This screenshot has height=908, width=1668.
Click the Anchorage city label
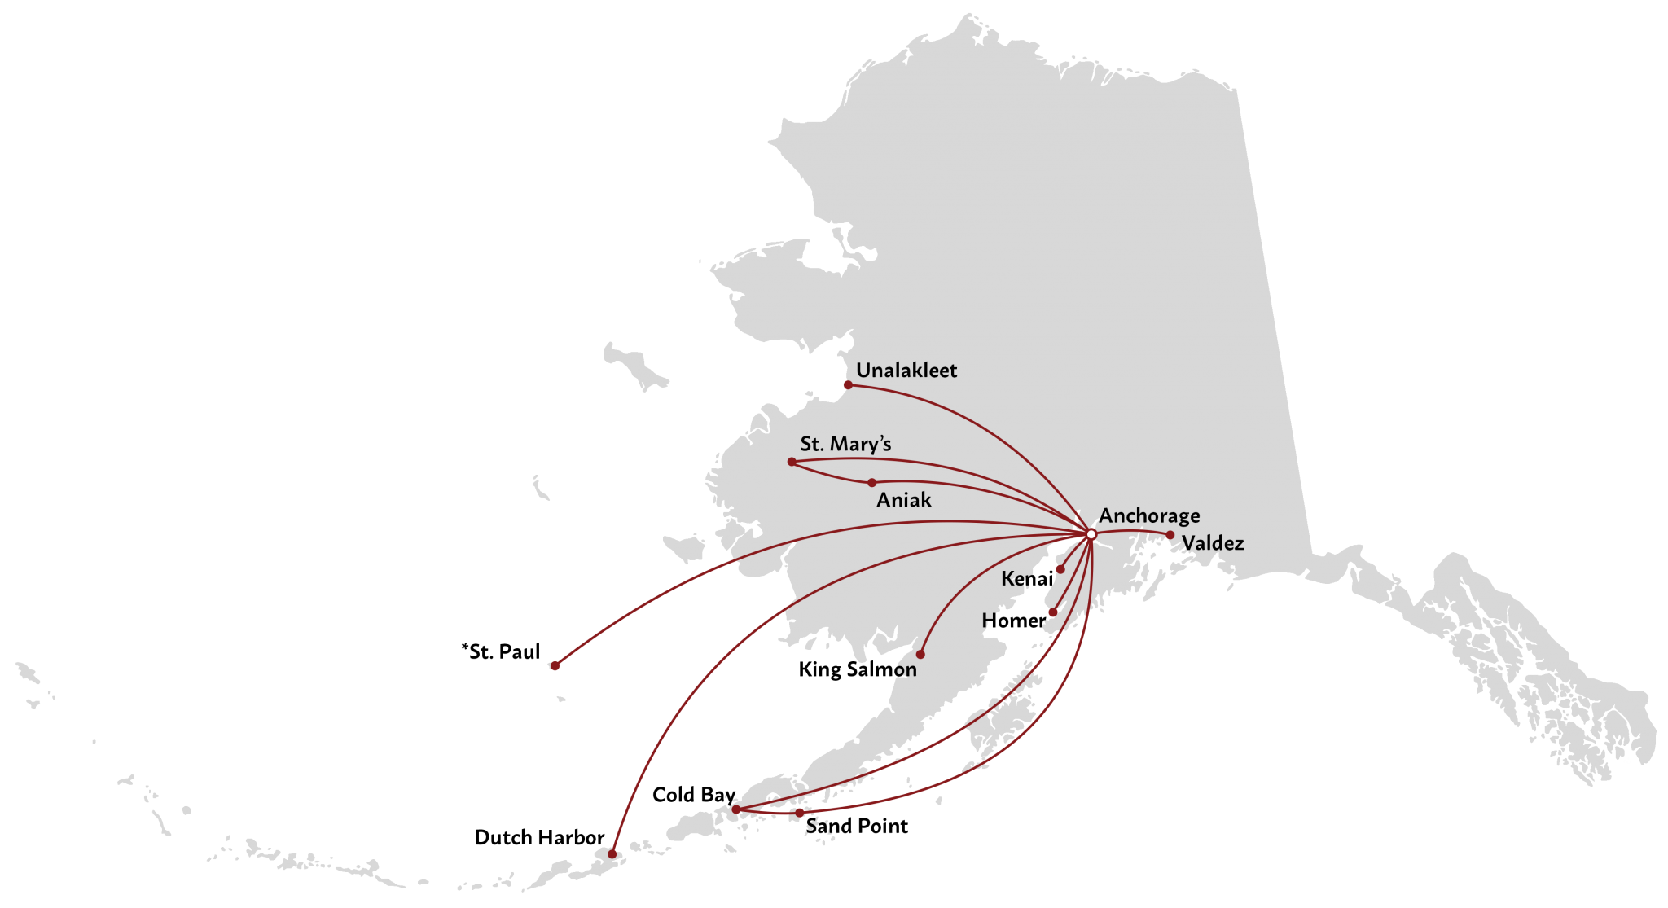click(x=1149, y=516)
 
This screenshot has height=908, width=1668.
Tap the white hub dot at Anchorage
click(x=1091, y=534)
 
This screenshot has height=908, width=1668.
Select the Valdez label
click(x=1213, y=543)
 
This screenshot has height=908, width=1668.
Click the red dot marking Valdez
click(x=1170, y=535)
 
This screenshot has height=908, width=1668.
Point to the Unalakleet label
click(x=906, y=371)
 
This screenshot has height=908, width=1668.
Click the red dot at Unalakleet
click(x=848, y=384)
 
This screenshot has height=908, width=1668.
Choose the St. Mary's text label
click(x=845, y=444)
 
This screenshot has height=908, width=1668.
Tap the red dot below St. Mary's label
click(x=792, y=462)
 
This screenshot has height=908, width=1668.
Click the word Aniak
click(x=903, y=500)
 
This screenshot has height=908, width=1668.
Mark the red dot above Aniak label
click(x=871, y=483)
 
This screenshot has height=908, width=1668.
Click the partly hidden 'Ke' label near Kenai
click(x=1014, y=579)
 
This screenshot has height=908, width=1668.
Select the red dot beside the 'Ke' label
click(x=1060, y=569)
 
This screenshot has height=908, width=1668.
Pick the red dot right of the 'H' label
click(x=1052, y=612)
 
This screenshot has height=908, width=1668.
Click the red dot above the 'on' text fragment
click(x=920, y=654)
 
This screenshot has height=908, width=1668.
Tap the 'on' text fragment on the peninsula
click(x=906, y=670)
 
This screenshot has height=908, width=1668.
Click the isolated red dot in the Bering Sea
click(x=555, y=665)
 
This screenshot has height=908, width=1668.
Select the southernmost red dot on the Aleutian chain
click(x=612, y=853)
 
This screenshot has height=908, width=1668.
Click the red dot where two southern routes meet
click(x=735, y=809)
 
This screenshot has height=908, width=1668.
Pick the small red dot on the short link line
click(x=800, y=812)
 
